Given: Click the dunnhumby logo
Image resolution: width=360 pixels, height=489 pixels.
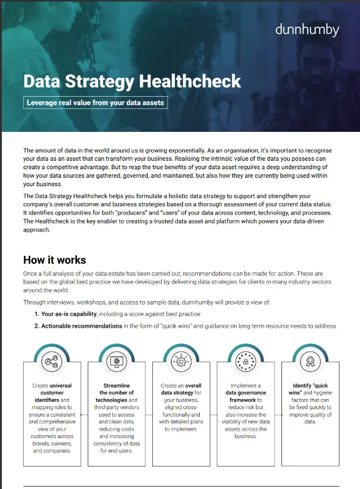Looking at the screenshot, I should pyautogui.click(x=307, y=30).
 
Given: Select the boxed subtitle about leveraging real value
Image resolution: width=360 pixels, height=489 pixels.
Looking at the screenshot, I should pyautogui.click(x=96, y=102).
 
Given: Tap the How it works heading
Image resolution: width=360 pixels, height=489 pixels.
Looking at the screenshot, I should pyautogui.click(x=54, y=260).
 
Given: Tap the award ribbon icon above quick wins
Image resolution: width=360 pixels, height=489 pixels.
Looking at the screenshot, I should pyautogui.click(x=310, y=361).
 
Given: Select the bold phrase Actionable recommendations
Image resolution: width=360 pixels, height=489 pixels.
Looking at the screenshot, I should pyautogui.click(x=82, y=326).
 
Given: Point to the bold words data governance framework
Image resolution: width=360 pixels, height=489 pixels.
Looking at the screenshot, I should pyautogui.click(x=246, y=396).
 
